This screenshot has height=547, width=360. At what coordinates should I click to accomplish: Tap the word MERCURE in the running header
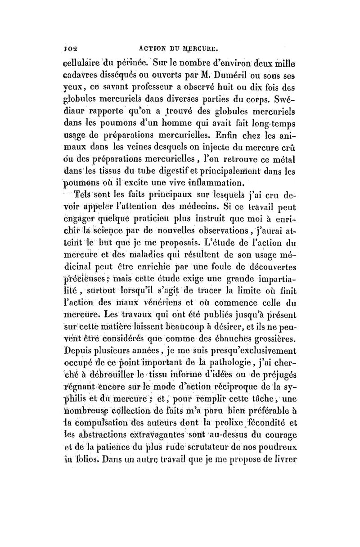[x=202, y=45]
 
